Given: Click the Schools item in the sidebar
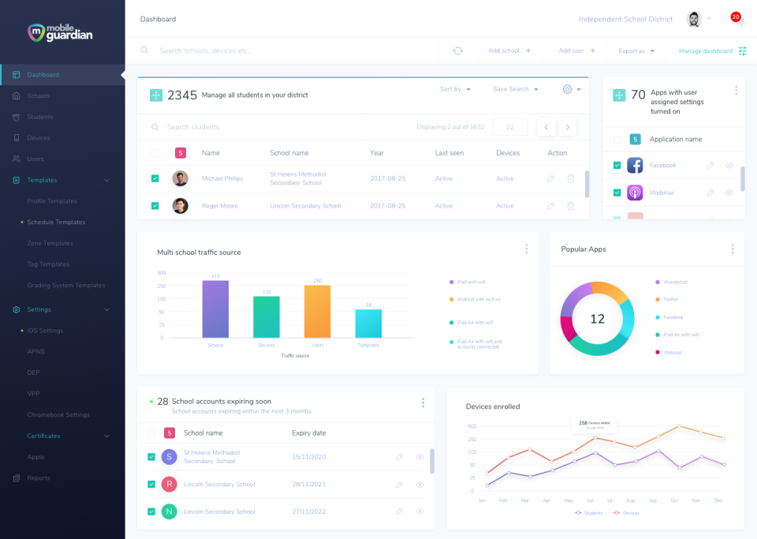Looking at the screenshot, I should coord(38,96).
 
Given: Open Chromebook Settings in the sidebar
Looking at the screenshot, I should coord(58,415).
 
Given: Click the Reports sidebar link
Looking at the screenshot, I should coord(38,478).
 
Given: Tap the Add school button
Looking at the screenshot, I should coord(509,51).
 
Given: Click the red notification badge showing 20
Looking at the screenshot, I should coord(735,17).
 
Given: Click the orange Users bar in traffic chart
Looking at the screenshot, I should coord(317,311).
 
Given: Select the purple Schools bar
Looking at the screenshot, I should coord(215,309).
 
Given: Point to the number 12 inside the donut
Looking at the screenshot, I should coord(597,319).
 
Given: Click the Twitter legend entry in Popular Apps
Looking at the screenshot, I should coord(670,300).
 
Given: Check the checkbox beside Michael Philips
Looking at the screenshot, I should coord(155,178).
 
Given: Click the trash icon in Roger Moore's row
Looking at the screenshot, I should coord(570,206).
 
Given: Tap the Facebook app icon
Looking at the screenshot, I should coord(635,166).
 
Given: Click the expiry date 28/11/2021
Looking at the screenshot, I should coord(308,485).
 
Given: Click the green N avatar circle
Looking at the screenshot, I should coord(169,511).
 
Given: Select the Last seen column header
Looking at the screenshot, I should coord(449,153).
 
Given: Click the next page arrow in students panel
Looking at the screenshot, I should coord(567,127).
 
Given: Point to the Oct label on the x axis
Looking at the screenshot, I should coord(674,500).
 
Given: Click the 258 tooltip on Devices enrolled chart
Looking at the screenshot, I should coord(594,425).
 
